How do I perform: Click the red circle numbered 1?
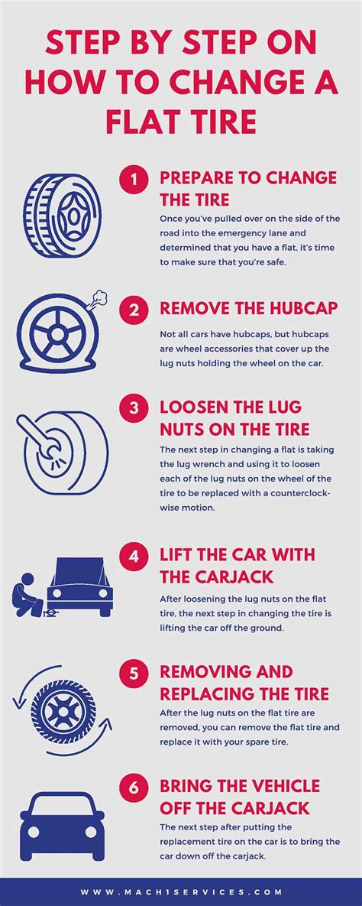point(134,180)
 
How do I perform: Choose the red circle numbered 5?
point(134,673)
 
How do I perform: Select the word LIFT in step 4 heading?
point(176,554)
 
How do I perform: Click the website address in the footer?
point(181,891)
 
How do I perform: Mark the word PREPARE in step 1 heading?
point(194,178)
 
